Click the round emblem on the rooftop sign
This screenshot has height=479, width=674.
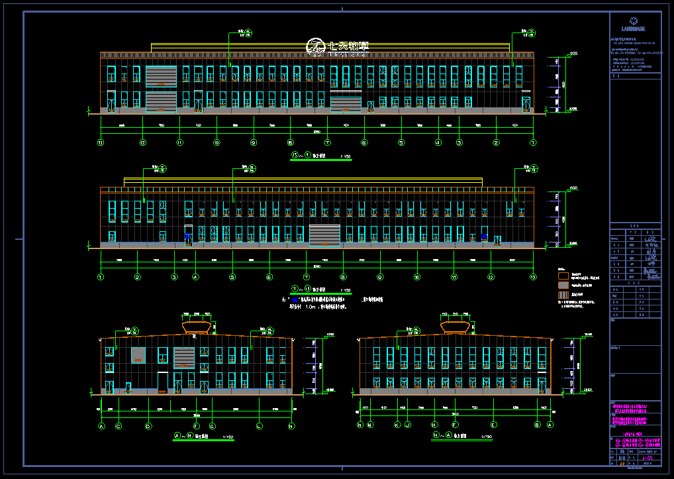314,46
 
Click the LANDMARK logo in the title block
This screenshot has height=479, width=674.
634,25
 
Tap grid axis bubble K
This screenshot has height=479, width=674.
397,425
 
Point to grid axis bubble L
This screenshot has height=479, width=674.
259,426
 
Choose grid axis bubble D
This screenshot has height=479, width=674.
148,426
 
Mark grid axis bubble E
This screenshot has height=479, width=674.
494,425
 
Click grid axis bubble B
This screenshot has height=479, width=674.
537,425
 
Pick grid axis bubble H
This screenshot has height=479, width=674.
434,425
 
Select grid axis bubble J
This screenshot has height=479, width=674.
407,425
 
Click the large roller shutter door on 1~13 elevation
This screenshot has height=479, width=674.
324,235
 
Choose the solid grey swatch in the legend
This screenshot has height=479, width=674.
563,284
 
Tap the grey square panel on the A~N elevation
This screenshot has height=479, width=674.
138,355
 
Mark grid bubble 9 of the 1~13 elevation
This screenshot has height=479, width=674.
380,277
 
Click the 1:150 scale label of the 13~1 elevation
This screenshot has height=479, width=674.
345,156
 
